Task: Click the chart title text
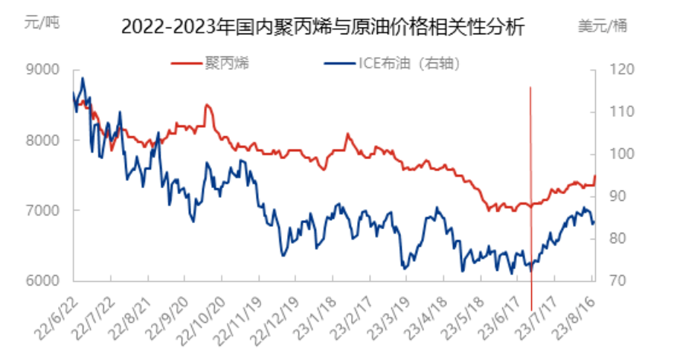(322, 28)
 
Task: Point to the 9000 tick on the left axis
(42, 70)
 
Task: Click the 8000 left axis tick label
(42, 140)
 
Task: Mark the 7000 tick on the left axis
(42, 210)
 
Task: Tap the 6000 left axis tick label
(42, 281)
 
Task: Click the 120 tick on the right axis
(620, 70)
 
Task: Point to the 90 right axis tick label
(617, 196)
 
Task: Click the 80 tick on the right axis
(617, 239)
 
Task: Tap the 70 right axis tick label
(617, 281)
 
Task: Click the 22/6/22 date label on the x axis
(57, 309)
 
